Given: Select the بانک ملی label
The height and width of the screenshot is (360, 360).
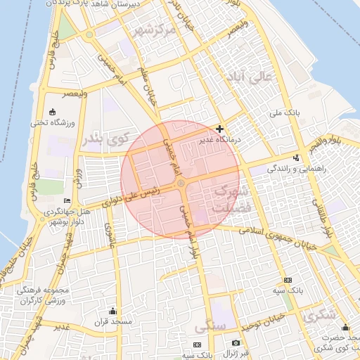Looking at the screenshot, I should [285, 112].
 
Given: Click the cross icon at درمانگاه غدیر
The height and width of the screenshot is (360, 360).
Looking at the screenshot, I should [221, 129].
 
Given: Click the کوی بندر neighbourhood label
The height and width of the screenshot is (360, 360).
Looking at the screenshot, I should [108, 139].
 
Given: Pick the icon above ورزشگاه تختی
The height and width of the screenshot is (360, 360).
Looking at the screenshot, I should [53, 111].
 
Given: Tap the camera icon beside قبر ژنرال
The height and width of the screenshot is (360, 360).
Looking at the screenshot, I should [236, 343].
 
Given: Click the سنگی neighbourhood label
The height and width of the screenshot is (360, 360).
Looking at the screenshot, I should [210, 328].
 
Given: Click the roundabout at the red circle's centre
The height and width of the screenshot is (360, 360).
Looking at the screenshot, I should [181, 184].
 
